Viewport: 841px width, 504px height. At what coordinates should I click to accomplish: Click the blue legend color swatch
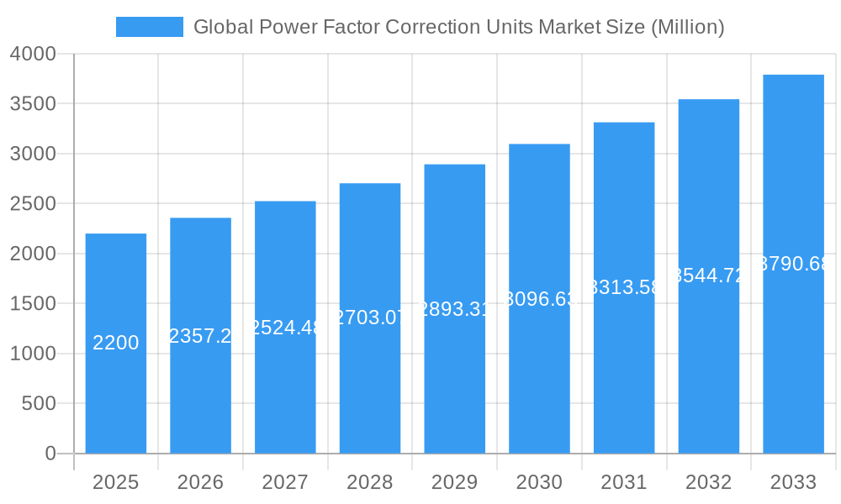coord(149,27)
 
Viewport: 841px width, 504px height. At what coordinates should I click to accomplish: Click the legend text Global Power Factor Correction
coord(458,27)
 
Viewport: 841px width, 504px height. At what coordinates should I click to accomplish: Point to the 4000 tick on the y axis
coord(33,55)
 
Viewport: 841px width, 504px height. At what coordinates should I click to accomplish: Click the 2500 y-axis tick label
coord(33,204)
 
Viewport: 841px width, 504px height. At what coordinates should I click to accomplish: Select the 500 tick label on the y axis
coord(39,404)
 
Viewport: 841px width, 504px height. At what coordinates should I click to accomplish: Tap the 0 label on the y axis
coord(50,454)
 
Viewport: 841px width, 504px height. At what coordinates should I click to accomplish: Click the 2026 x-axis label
coord(200,482)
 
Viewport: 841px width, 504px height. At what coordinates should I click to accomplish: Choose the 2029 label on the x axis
coord(454,482)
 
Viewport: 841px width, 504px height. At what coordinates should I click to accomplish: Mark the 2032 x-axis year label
coord(708,482)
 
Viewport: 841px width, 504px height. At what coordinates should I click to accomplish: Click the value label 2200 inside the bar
coord(116,343)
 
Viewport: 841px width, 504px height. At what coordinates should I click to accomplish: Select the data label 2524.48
coord(285,328)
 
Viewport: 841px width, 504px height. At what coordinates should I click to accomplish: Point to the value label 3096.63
coord(539,299)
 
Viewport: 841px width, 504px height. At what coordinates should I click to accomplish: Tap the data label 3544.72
coord(708,276)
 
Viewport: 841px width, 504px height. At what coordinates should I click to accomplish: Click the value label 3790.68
coord(793,265)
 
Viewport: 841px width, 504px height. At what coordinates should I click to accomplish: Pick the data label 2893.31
coord(454,309)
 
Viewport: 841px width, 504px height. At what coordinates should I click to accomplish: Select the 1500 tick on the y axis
coord(33,304)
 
